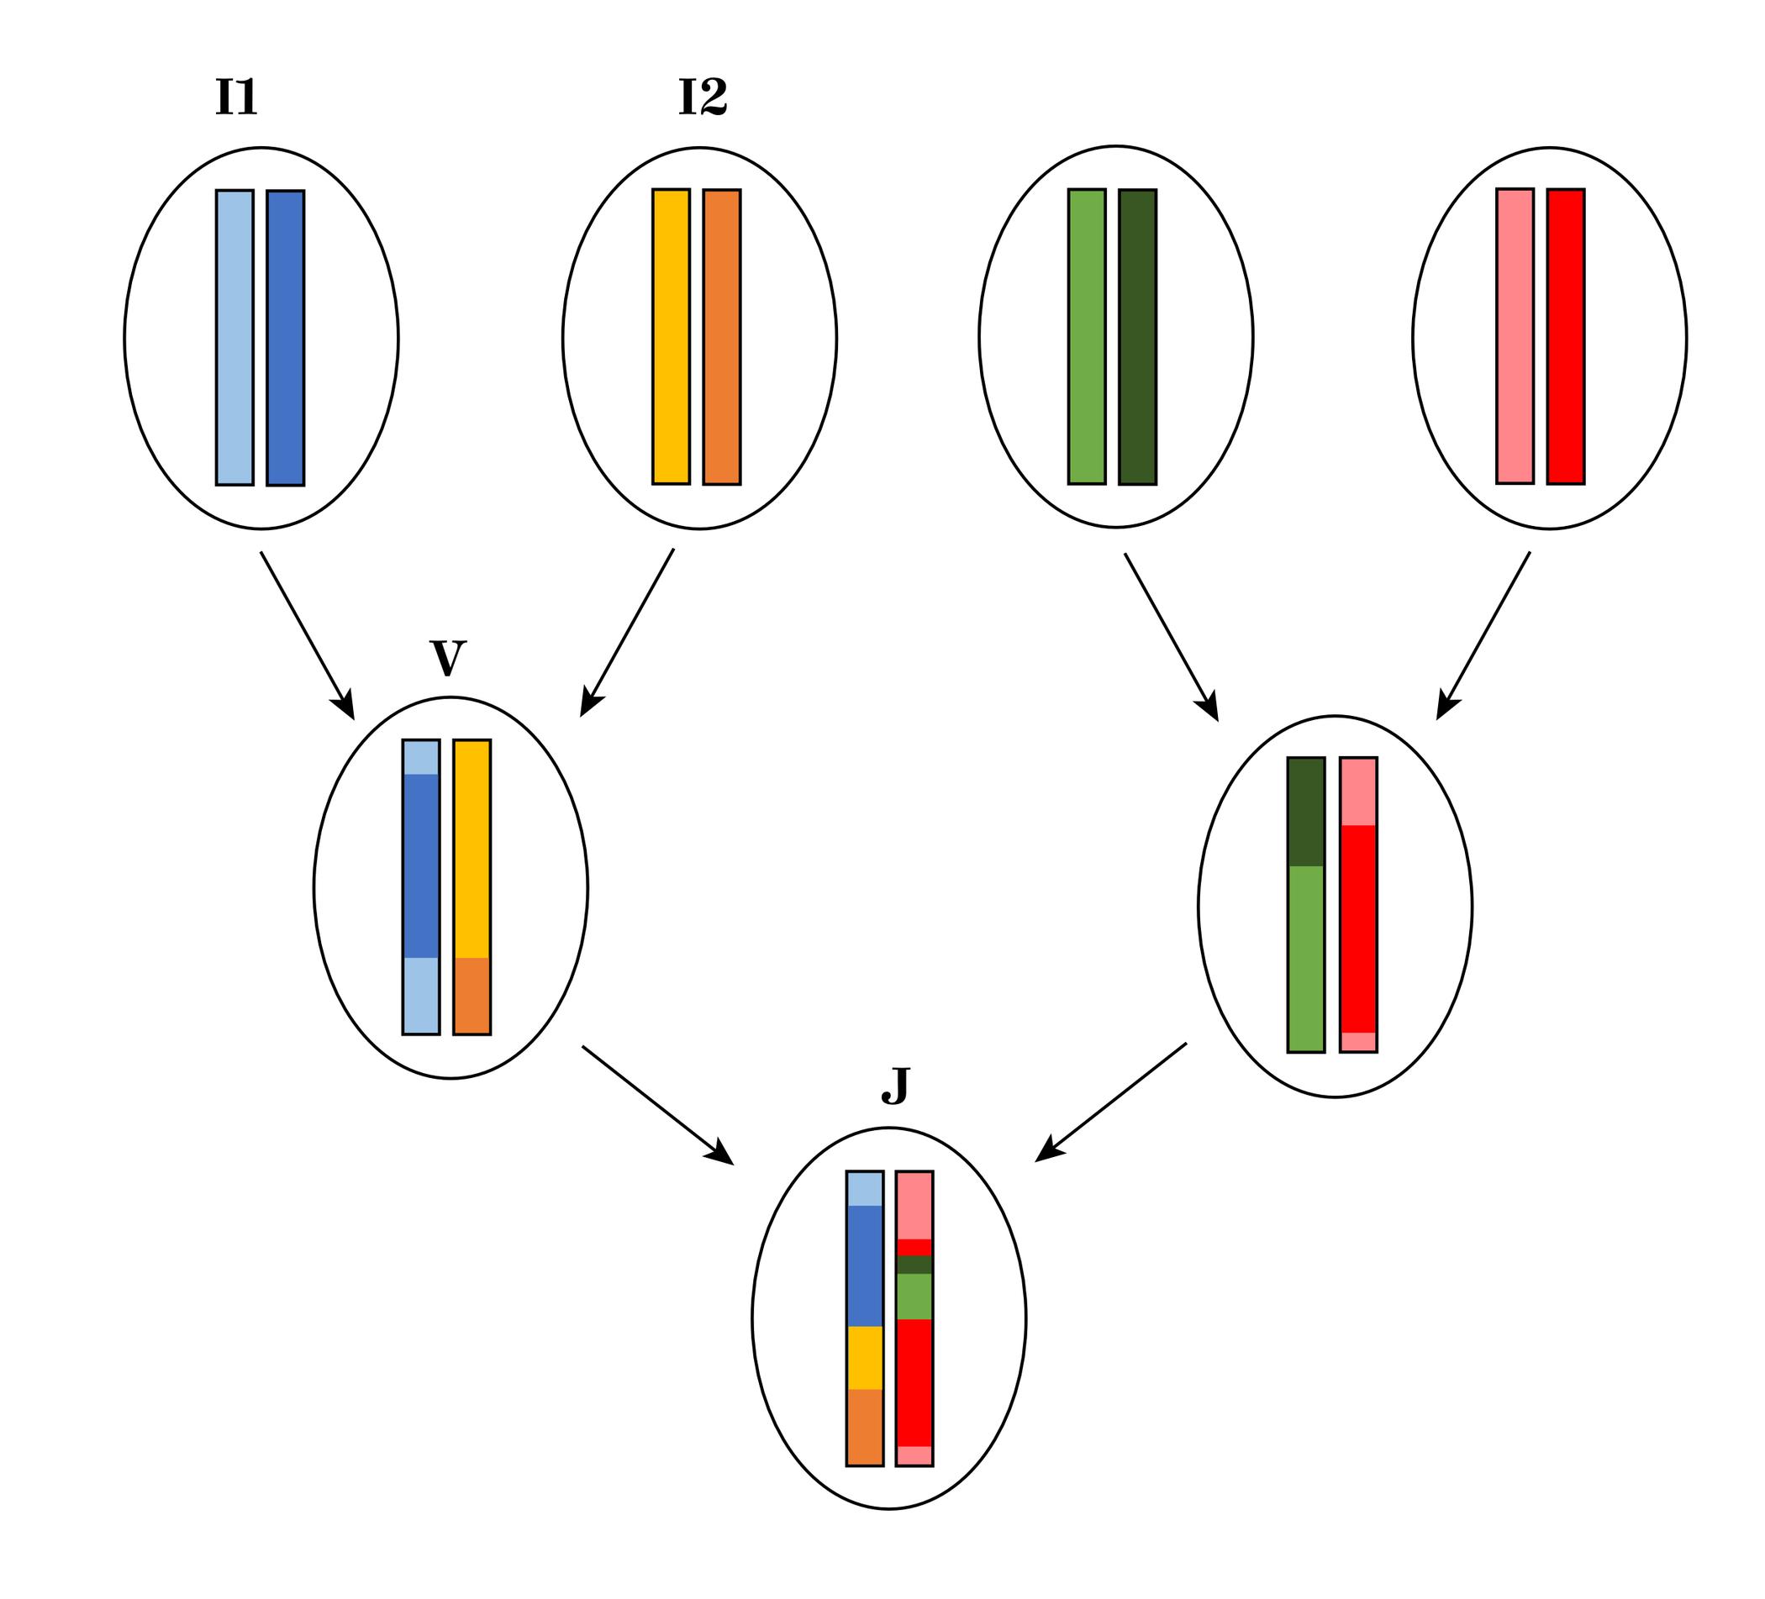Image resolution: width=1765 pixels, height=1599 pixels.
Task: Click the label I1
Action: tap(236, 97)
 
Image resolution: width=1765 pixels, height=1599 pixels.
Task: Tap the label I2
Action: tap(702, 97)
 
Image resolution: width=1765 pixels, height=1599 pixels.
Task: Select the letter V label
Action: tap(447, 659)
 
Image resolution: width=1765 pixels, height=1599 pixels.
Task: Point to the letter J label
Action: tap(895, 1086)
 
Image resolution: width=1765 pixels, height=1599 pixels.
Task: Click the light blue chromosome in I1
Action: tap(234, 337)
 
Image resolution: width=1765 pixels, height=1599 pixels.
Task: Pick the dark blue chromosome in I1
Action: tap(286, 337)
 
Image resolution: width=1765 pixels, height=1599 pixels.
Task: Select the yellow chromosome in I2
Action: tap(671, 336)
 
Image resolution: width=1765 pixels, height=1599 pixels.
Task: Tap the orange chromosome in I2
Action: tap(721, 336)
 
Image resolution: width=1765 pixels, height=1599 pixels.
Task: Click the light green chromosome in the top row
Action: tap(1087, 336)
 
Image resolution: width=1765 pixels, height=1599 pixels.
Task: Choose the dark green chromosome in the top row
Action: tap(1137, 336)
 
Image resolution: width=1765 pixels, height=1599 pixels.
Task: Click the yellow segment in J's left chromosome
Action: tap(864, 1358)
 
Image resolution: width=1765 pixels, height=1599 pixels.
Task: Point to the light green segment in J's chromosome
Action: tap(914, 1297)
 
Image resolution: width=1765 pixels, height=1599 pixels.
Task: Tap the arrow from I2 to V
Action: tap(628, 632)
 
